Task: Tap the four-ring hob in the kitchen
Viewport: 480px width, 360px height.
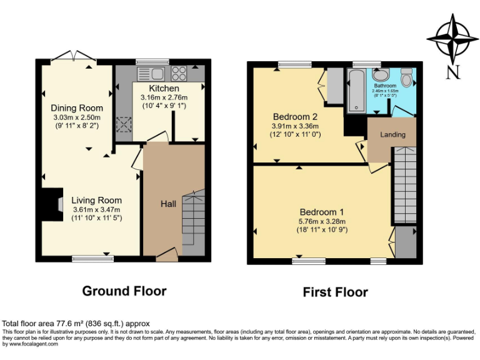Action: tap(179, 73)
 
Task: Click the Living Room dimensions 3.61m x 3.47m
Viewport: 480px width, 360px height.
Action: tap(96, 209)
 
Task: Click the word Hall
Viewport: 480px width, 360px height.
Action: tap(168, 204)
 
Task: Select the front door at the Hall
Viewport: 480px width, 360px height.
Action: tap(166, 254)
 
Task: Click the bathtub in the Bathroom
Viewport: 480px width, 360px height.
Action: tap(357, 91)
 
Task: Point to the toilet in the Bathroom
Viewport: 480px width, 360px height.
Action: tap(407, 79)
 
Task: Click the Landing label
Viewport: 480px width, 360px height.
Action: tap(392, 134)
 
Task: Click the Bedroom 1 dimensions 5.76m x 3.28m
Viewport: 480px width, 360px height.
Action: tap(322, 221)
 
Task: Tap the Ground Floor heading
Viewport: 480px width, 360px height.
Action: tap(124, 291)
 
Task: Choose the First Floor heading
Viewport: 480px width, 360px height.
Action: tap(335, 292)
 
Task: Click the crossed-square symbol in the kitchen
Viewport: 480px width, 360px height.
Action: tap(123, 125)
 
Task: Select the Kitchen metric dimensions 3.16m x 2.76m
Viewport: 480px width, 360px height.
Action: tap(164, 97)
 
